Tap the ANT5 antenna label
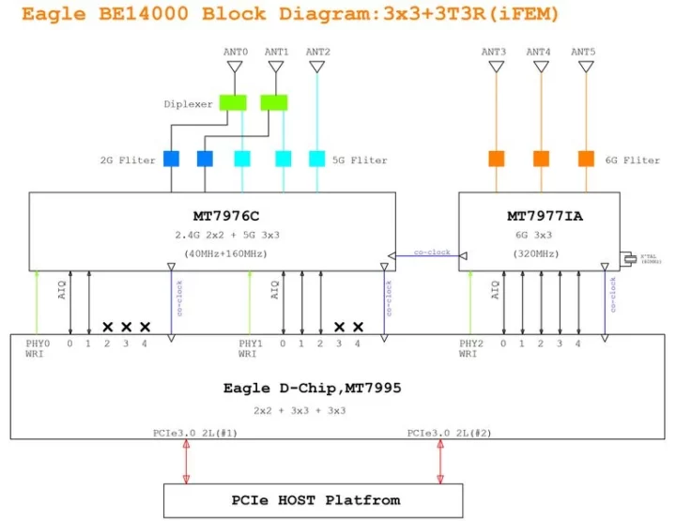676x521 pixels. tap(585, 52)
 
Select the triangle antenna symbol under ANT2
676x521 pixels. tap(317, 68)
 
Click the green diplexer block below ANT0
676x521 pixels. tap(232, 101)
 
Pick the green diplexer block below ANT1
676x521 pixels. tap(273, 101)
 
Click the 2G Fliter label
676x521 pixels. tap(127, 160)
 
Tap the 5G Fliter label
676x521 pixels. tap(360, 160)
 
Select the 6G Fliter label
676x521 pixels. tap(632, 160)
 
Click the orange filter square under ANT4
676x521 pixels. tap(541, 158)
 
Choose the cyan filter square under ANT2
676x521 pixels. tap(317, 158)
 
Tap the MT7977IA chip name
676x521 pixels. tap(538, 217)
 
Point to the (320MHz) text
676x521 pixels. tap(538, 253)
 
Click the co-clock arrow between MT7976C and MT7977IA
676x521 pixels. tap(427, 254)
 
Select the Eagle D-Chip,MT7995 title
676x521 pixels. tap(313, 387)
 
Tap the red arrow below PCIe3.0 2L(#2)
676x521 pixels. tap(439, 462)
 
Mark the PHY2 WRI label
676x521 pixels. tap(470, 349)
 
